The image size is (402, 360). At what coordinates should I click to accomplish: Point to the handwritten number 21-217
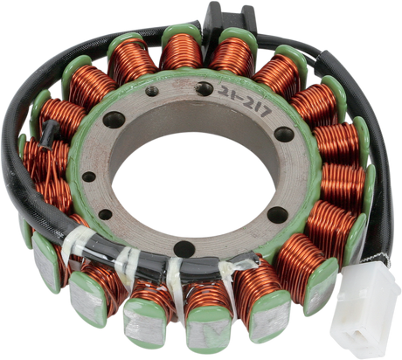coord(244,101)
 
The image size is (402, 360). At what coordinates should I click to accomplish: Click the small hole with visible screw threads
coord(152,92)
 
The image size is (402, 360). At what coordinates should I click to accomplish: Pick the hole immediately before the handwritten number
coord(204,89)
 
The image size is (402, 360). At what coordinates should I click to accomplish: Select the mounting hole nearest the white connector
coord(277,215)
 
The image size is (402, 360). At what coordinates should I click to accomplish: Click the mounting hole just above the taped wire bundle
coord(184,249)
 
